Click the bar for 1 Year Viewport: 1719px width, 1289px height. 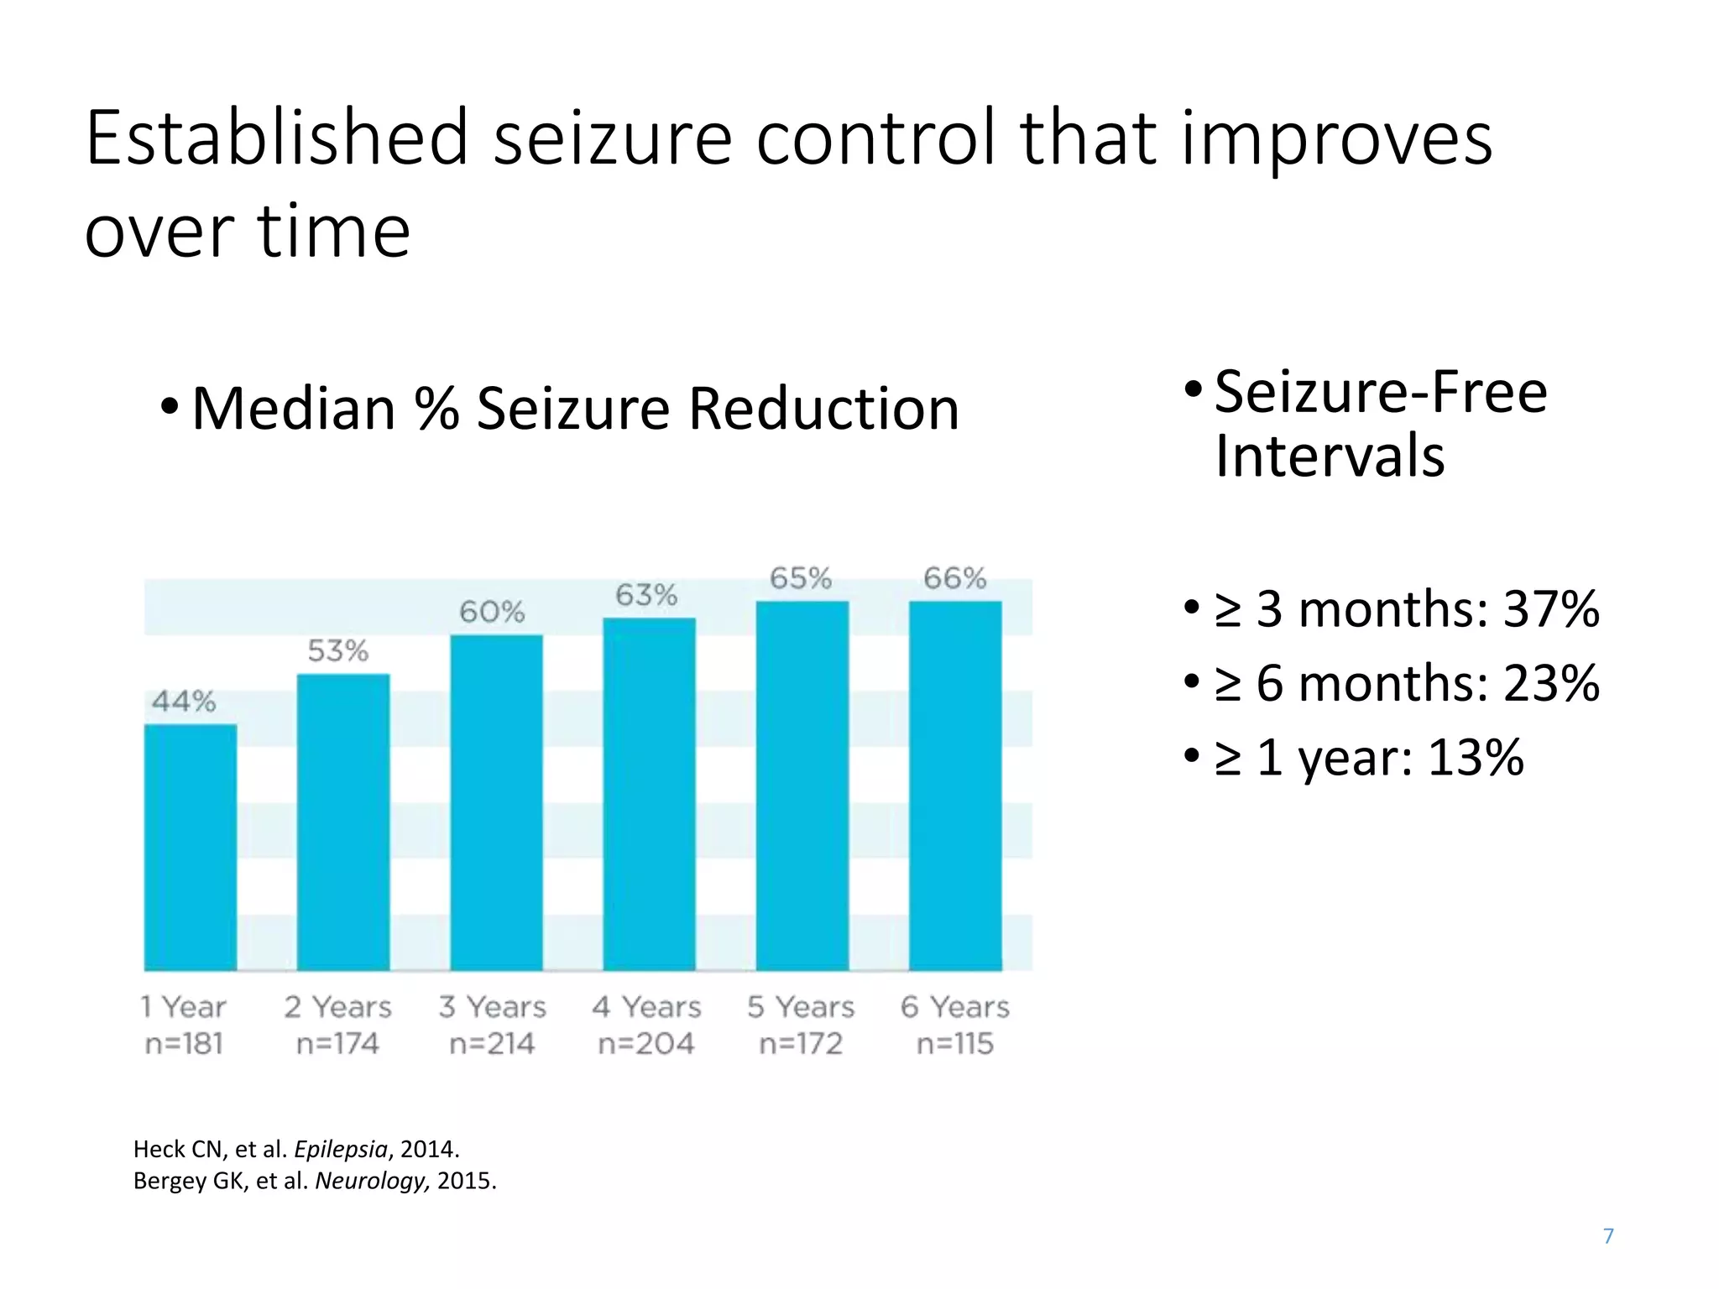191,848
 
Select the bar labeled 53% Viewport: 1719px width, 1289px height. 343,822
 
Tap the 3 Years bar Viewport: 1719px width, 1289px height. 496,802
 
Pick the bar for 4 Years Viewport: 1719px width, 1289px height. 649,794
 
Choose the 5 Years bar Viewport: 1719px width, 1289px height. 802,785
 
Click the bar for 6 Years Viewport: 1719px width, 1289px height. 955,785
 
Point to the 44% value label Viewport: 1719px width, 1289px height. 184,701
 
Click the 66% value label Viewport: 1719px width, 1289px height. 954,578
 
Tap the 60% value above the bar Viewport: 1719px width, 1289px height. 492,612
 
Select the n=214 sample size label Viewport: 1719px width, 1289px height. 492,1043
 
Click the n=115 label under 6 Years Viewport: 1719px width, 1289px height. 955,1043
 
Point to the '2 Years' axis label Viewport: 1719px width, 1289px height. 337,1006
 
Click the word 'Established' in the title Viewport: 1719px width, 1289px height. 277,138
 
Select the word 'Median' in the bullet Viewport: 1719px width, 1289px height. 293,410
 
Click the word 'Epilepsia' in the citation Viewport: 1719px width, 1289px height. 340,1149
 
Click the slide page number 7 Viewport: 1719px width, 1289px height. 1608,1235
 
